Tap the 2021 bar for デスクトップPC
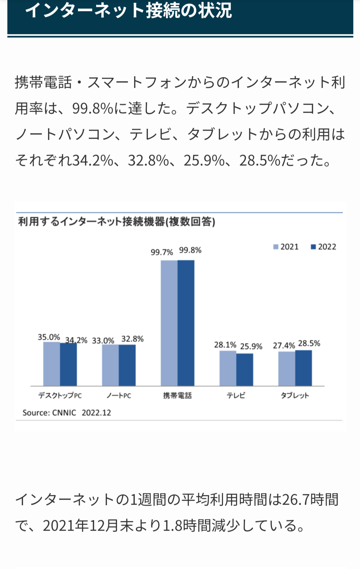click(51, 364)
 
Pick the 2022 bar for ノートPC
click(127, 365)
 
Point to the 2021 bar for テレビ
click(228, 368)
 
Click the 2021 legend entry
click(286, 247)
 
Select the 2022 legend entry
click(323, 247)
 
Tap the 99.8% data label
click(190, 250)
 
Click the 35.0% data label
click(49, 337)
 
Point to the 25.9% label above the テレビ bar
click(251, 346)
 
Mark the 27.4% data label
click(284, 345)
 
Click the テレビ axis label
click(236, 395)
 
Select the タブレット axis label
click(295, 395)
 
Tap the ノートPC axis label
click(119, 396)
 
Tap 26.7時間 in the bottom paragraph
click(310, 500)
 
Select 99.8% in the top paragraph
click(93, 109)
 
